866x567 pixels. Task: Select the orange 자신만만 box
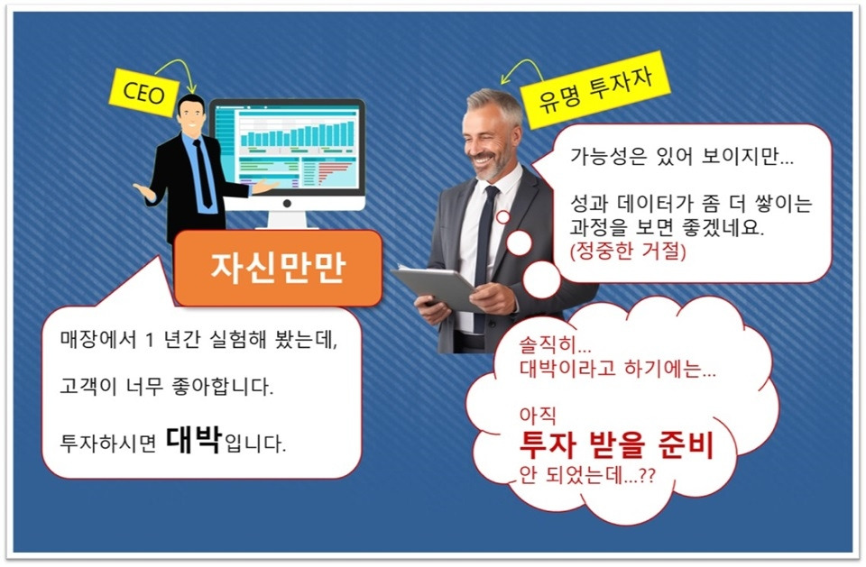(x=278, y=268)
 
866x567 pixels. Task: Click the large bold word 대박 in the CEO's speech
(x=194, y=441)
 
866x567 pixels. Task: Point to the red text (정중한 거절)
(x=628, y=251)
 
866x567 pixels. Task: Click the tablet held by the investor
(x=438, y=288)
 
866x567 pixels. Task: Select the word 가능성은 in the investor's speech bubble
(x=601, y=155)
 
